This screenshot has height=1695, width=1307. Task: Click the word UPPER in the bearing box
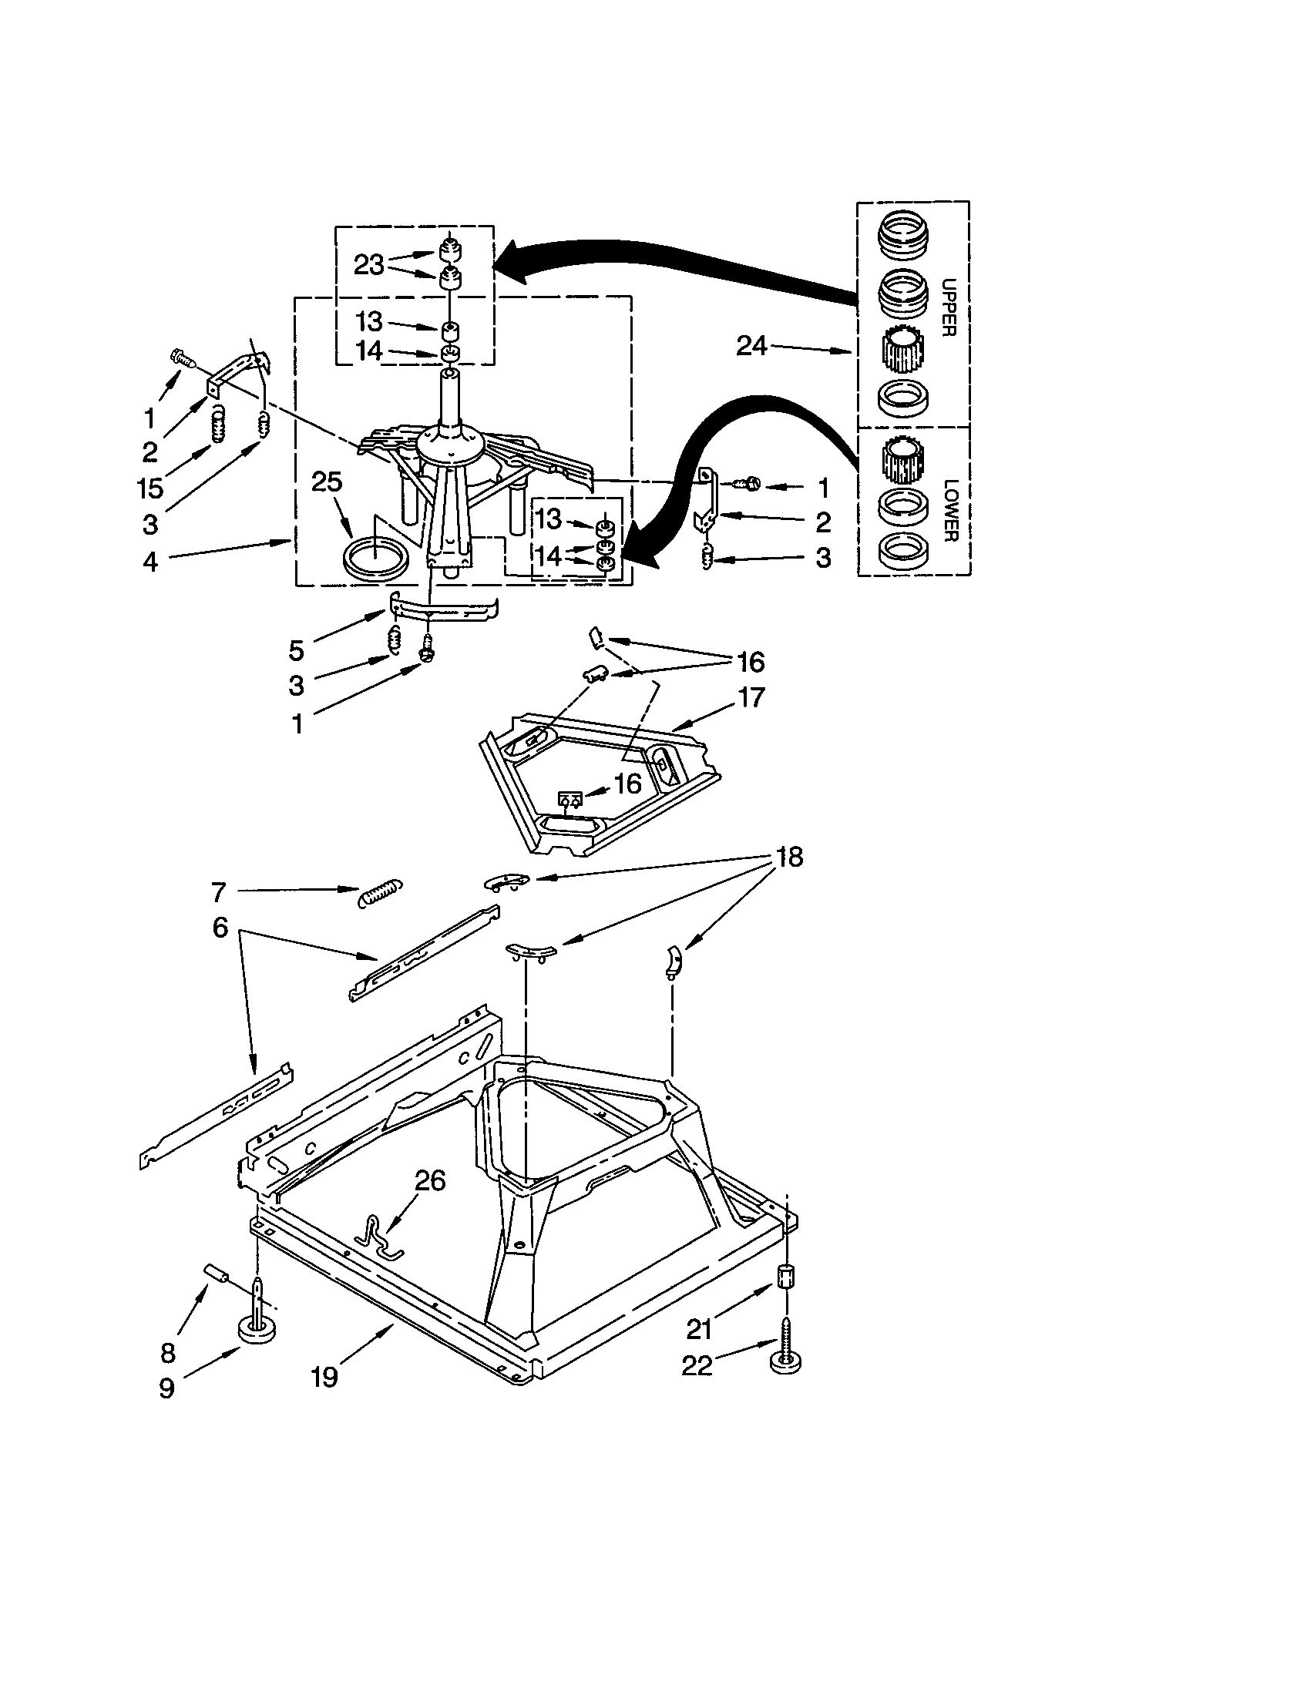[948, 307]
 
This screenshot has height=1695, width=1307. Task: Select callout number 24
[751, 345]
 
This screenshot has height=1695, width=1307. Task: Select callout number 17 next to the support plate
[751, 697]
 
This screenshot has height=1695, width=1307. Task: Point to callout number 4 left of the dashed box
[150, 561]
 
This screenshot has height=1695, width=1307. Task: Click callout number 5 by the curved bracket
[296, 649]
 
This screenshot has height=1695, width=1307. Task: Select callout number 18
[789, 857]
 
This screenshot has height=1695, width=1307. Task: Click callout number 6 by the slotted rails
[220, 926]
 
